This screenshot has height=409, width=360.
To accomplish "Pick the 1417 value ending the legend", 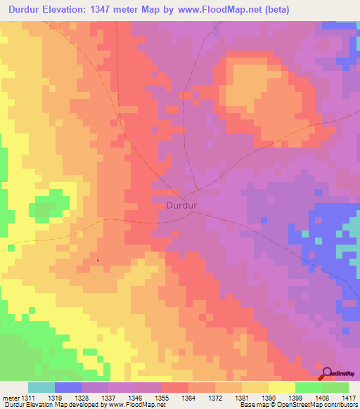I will click(349, 398).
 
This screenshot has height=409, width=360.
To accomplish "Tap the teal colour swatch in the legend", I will click(41, 387).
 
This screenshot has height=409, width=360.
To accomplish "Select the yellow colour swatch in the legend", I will click(281, 387).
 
